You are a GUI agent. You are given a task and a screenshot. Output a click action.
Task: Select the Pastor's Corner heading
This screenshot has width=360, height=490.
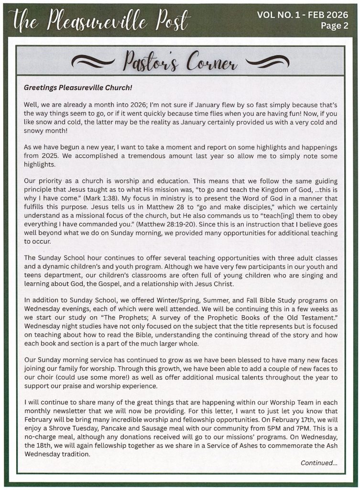[180, 62]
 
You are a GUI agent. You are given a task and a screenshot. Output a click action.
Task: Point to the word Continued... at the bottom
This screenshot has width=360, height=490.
[319, 463]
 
